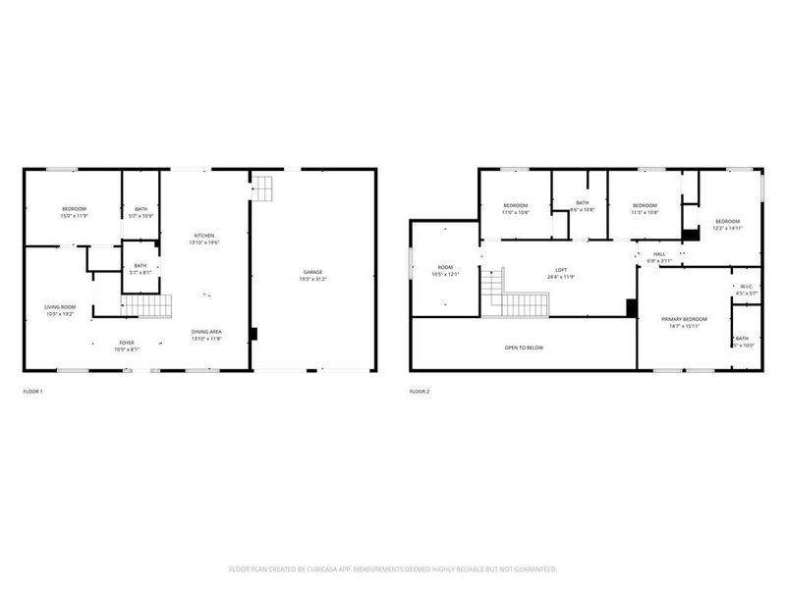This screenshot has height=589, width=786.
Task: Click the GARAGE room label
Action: click(311, 272)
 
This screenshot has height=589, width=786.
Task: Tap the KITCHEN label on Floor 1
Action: click(204, 236)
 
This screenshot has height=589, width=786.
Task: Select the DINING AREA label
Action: click(206, 331)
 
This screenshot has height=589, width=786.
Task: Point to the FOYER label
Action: click(127, 344)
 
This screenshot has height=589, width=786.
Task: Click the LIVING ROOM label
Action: click(60, 307)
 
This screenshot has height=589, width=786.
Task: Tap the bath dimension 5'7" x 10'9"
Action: click(140, 214)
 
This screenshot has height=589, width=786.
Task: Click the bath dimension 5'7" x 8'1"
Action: click(140, 271)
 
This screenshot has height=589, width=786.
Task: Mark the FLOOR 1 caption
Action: click(32, 392)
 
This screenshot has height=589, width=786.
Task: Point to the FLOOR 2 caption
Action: click(420, 392)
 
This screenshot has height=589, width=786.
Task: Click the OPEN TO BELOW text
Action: click(524, 348)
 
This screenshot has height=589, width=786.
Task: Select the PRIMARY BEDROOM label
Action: click(684, 319)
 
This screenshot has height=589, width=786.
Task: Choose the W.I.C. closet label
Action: click(747, 288)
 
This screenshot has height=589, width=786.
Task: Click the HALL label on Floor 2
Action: click(659, 254)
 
